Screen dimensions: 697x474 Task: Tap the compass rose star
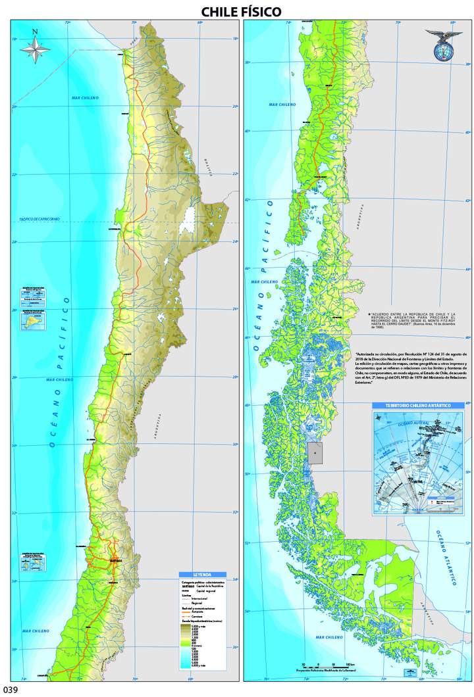(x=35, y=49)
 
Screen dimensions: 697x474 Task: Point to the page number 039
(x=11, y=689)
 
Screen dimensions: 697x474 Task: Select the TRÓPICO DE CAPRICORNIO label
(x=39, y=219)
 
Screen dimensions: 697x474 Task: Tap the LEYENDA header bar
(x=202, y=574)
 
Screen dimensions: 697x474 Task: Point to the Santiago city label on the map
(x=117, y=560)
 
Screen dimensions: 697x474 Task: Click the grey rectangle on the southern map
(x=316, y=453)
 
